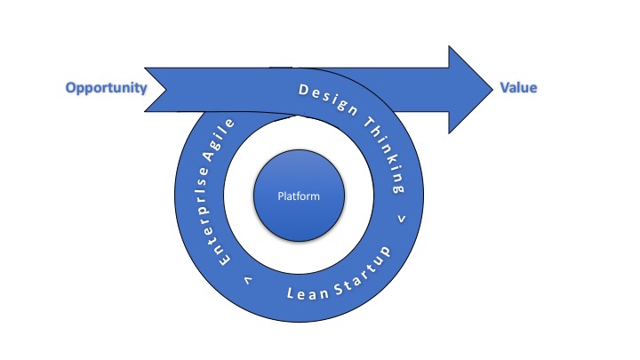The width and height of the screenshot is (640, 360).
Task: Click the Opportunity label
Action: coord(106,88)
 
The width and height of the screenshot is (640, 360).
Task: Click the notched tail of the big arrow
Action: coord(156,88)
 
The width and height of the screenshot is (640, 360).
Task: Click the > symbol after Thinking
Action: coord(402,217)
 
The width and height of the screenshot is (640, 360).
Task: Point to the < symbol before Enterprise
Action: coord(245,280)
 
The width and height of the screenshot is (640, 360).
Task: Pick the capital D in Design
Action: coord(302,90)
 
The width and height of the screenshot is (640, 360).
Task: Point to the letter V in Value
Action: coord(502,88)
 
